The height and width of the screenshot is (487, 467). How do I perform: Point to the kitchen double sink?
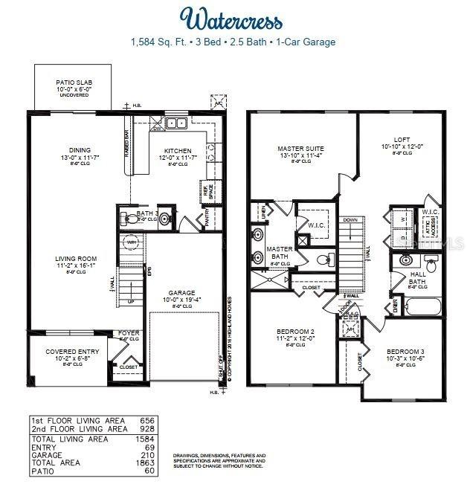(176, 124)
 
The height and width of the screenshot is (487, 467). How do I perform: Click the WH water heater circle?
(131, 243)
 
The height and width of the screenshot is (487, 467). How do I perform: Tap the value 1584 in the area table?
(146, 439)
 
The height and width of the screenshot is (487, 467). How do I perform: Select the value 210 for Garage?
(148, 455)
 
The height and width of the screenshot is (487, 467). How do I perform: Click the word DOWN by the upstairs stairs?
(352, 221)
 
